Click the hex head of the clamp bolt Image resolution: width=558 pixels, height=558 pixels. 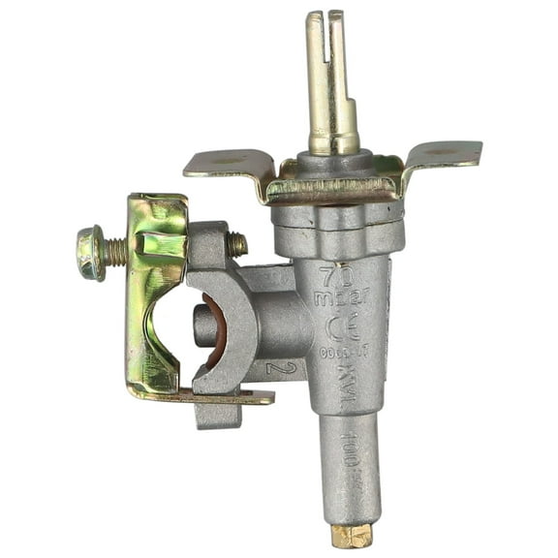point(91,253)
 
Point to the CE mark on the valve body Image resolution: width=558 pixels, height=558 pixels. point(336,326)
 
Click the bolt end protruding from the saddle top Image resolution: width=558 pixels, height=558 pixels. point(236,245)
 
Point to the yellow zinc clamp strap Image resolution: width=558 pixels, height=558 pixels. point(156,291)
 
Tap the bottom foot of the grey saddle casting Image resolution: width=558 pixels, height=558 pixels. point(218,414)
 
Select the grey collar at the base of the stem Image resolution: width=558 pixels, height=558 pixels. point(334,165)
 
